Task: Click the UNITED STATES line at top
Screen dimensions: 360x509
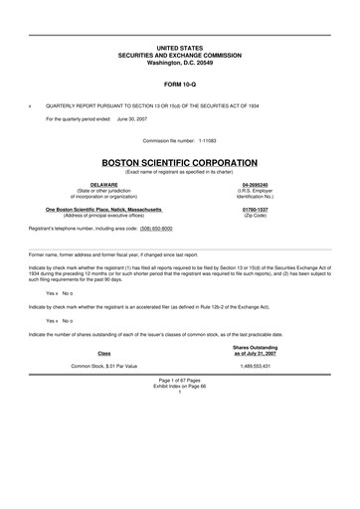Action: [x=179, y=48]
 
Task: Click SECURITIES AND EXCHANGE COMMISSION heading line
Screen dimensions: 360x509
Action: [x=179, y=55]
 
